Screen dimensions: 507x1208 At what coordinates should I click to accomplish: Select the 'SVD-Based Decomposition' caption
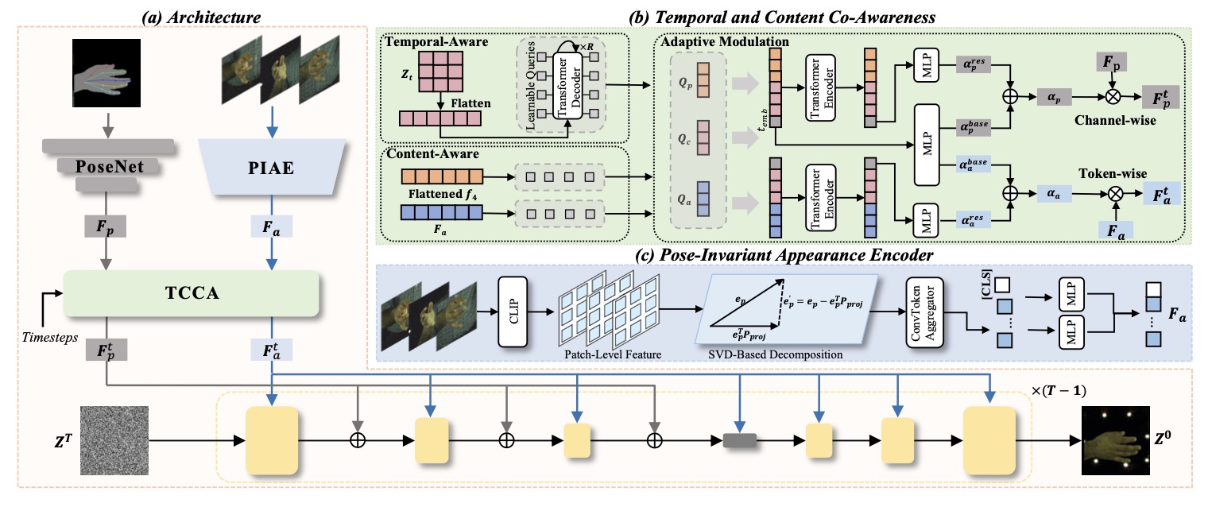(788, 354)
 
